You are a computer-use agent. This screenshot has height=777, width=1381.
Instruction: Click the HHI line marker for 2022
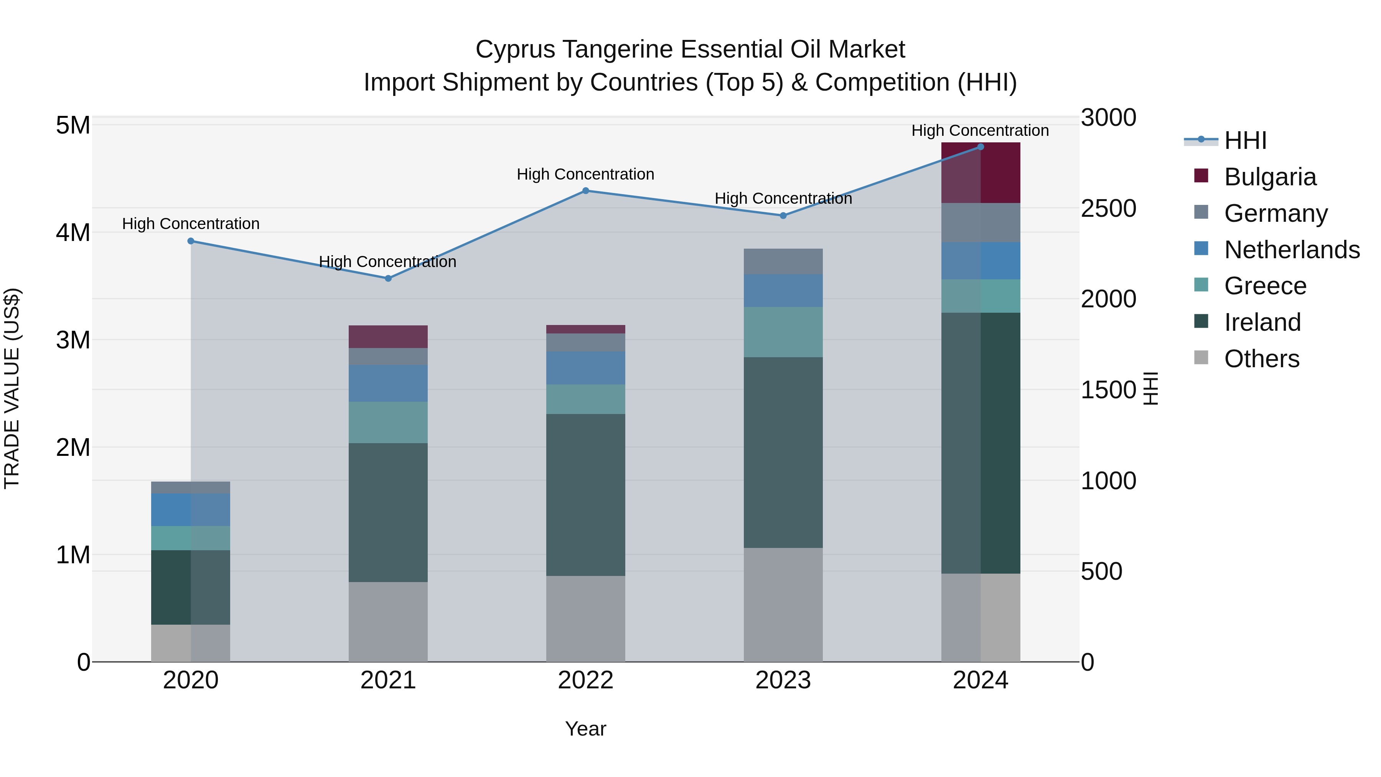pos(585,190)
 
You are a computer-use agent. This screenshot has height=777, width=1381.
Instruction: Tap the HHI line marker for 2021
pos(388,278)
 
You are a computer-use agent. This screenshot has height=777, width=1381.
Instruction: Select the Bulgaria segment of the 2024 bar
pos(981,173)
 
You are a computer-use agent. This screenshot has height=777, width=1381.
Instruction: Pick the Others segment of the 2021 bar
pos(388,622)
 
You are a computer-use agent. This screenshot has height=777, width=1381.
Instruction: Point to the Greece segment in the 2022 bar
pos(585,399)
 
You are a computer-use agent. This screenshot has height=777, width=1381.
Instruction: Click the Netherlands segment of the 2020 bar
pos(190,510)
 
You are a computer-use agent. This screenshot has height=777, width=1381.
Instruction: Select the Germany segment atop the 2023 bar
pos(783,261)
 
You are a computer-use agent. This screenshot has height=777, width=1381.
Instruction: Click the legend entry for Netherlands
pos(1292,250)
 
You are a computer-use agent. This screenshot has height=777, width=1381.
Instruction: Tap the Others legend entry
pos(1261,359)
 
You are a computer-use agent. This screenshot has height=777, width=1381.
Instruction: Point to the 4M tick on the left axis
pos(73,233)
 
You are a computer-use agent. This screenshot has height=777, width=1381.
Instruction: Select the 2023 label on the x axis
pos(783,680)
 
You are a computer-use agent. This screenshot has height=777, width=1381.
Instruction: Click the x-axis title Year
pos(585,729)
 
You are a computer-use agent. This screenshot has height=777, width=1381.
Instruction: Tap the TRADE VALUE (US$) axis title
pos(12,388)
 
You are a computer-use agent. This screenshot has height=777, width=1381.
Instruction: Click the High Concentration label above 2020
pos(190,224)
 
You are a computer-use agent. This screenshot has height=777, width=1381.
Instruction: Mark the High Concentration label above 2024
pos(980,130)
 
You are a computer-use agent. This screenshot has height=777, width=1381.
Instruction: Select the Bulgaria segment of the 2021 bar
pos(388,337)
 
